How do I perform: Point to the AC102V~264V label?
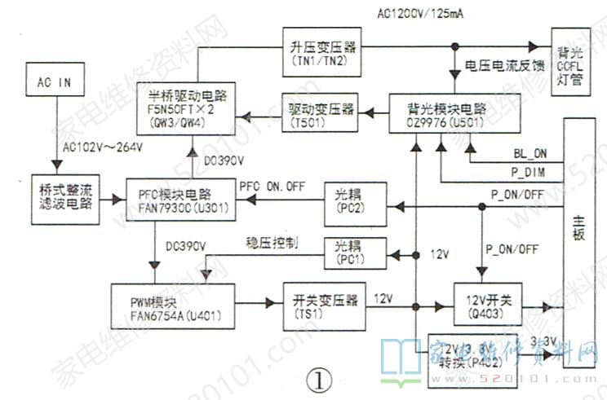click(x=102, y=147)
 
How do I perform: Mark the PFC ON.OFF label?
click(x=273, y=184)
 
